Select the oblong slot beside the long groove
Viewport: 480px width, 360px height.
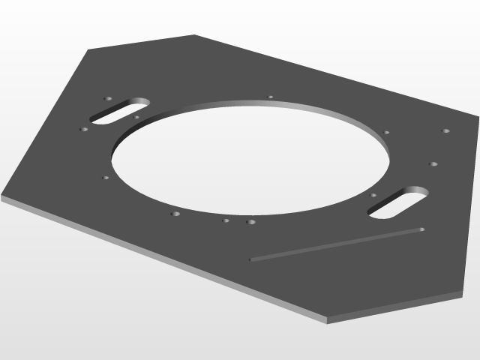(397, 202)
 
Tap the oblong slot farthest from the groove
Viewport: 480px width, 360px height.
(120, 111)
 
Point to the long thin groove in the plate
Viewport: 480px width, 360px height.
(337, 244)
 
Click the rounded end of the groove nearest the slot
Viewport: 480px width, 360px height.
(421, 229)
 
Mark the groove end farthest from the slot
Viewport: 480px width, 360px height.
(251, 260)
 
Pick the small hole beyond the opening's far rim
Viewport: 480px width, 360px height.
(271, 97)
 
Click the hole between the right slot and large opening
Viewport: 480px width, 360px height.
(373, 196)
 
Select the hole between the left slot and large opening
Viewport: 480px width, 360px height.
(136, 117)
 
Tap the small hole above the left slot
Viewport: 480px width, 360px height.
(108, 98)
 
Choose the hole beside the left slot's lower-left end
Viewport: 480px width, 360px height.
(84, 129)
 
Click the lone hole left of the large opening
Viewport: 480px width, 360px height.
(106, 178)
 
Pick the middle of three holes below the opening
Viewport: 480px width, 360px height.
(226, 220)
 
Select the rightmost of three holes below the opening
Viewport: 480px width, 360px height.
(250, 222)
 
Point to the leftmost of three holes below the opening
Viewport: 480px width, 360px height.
(175, 214)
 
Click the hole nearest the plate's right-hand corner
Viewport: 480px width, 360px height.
(446, 131)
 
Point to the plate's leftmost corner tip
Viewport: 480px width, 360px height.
(2, 196)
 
